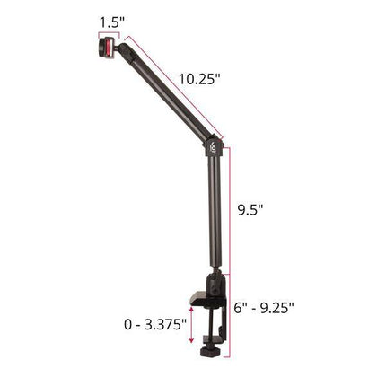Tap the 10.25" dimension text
click(x=198, y=78)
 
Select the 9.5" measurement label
click(x=250, y=212)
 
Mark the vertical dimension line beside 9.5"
click(x=231, y=212)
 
